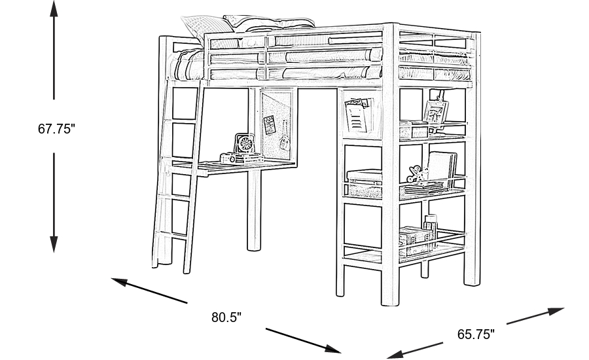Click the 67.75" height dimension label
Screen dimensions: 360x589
click(57, 129)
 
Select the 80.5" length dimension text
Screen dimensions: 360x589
click(226, 318)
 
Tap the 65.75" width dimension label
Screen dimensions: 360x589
click(476, 334)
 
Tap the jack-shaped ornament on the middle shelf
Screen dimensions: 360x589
click(414, 175)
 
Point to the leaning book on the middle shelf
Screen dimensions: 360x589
click(442, 169)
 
